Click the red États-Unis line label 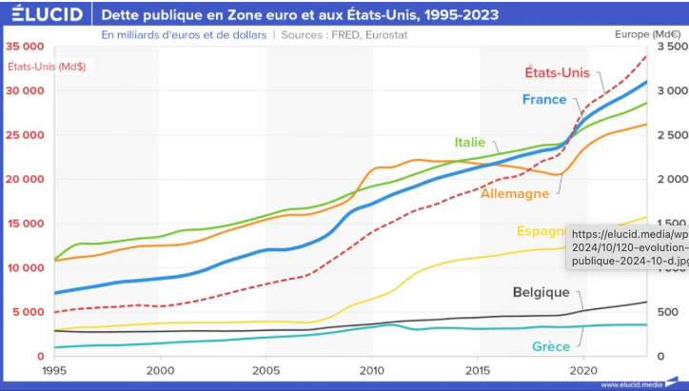click(557, 72)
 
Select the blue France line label click(543, 99)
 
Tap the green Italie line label click(469, 142)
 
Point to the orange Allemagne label click(515, 193)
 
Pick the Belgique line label click(541, 292)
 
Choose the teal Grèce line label click(552, 346)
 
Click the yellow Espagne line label click(541, 231)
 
